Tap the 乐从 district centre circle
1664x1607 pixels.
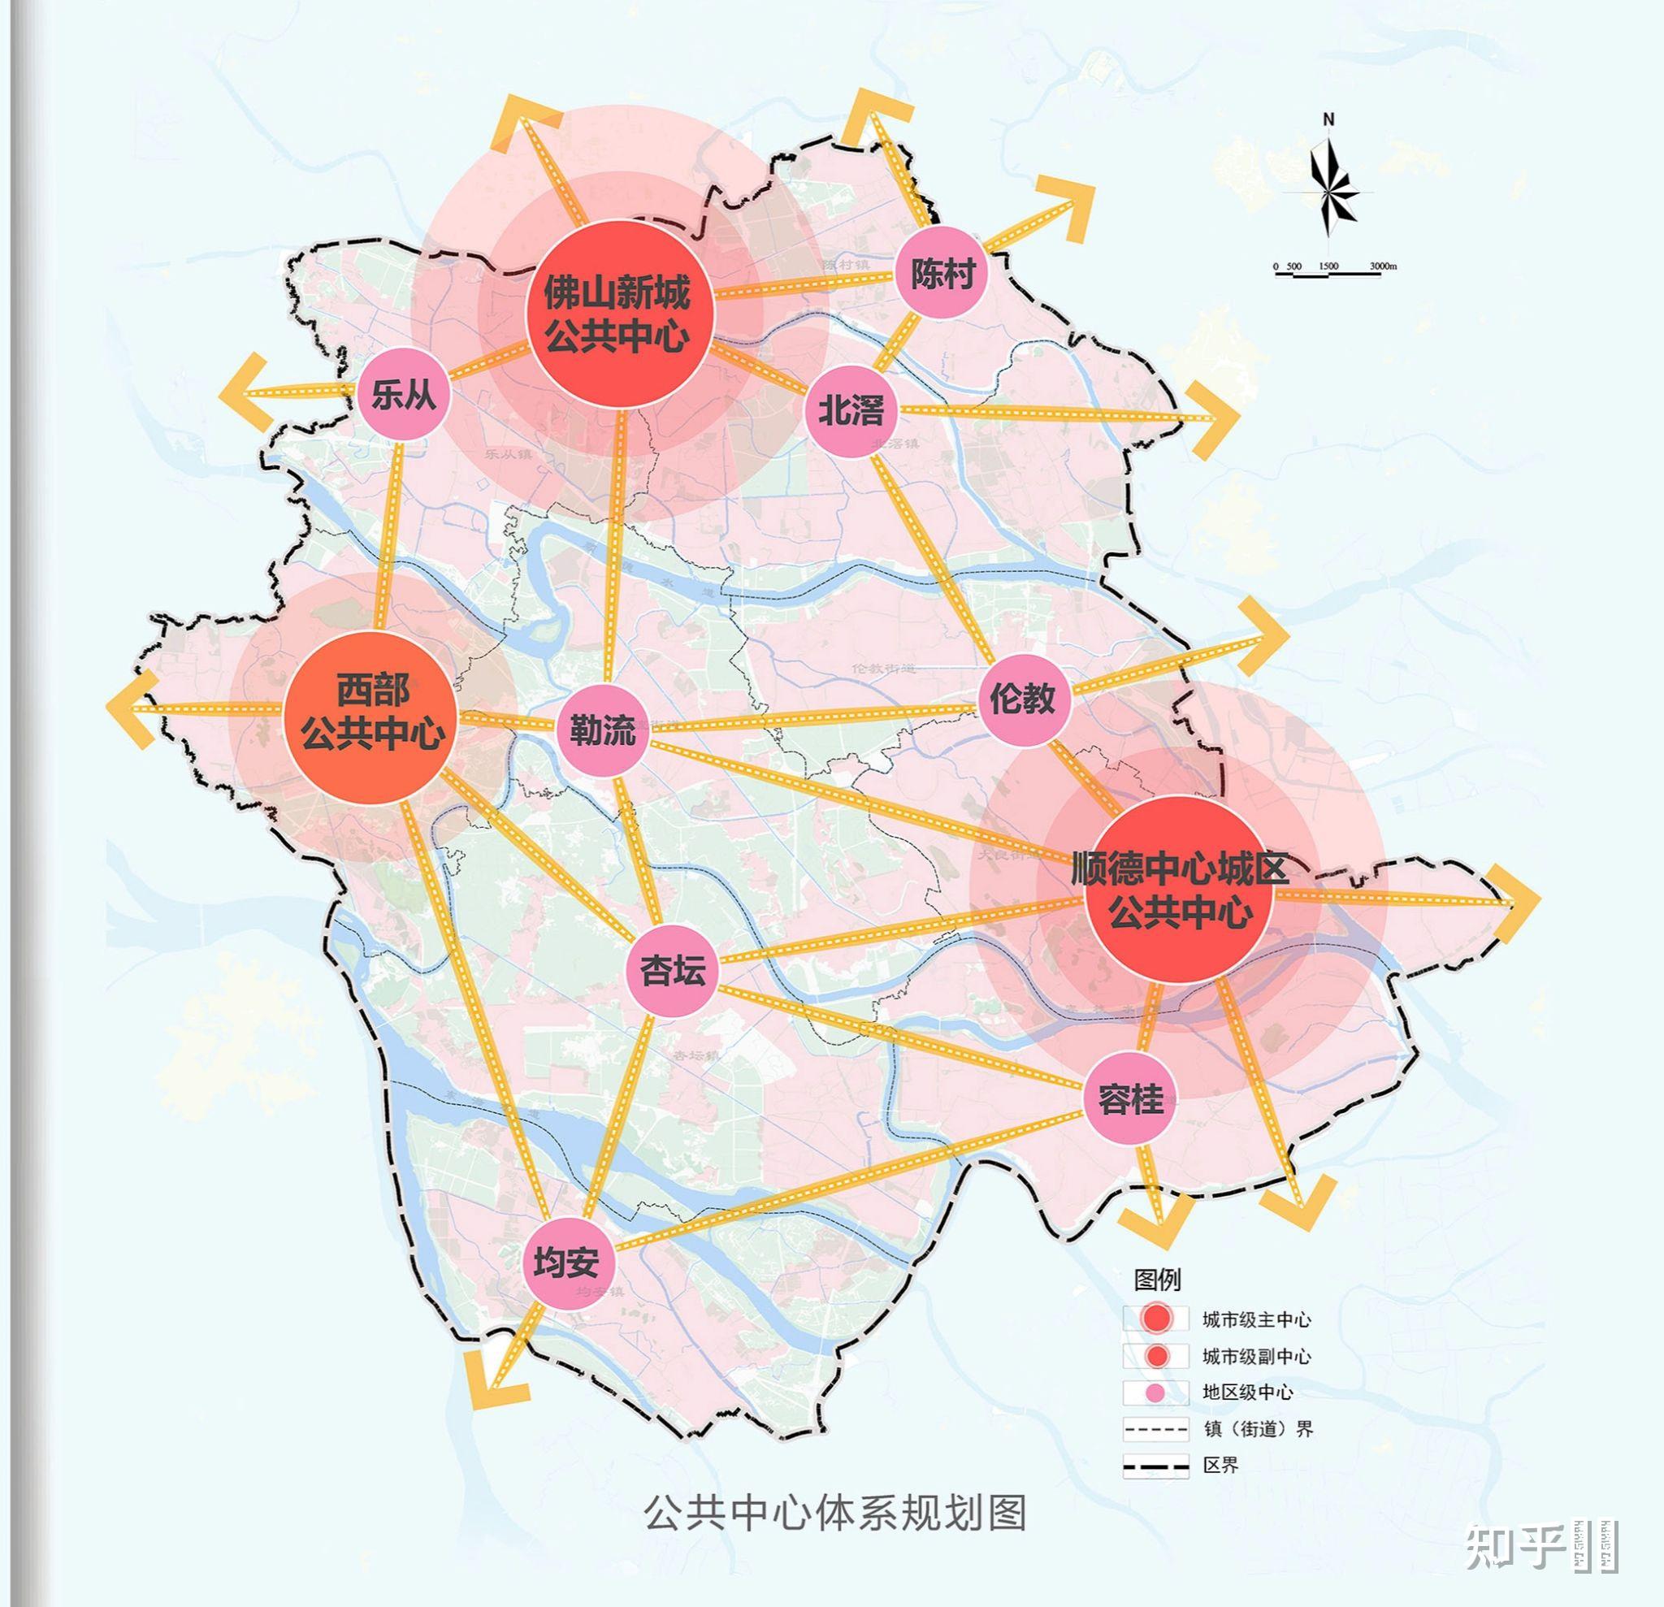point(403,395)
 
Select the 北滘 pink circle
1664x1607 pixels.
point(850,411)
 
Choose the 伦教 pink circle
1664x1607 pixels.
point(1022,700)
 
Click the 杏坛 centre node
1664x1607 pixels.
point(673,970)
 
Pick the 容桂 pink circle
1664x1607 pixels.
point(1130,1100)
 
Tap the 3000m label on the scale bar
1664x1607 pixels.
point(1383,266)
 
